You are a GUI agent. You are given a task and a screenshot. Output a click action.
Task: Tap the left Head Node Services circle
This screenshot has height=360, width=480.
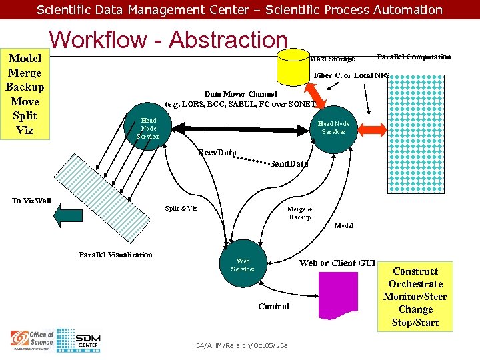[147, 128]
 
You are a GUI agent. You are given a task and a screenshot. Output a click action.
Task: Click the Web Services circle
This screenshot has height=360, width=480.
[243, 265]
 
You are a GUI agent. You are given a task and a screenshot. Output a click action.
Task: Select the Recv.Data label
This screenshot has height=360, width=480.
[217, 153]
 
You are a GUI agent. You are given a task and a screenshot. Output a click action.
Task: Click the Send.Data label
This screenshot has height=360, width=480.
[289, 163]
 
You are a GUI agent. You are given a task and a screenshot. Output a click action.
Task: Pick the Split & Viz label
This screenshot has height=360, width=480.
[181, 208]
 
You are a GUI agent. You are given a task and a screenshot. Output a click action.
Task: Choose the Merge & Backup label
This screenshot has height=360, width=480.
[299, 213]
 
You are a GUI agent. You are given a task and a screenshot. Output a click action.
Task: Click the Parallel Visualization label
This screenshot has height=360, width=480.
[115, 255]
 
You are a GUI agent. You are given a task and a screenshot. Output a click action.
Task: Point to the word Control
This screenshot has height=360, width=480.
[273, 306]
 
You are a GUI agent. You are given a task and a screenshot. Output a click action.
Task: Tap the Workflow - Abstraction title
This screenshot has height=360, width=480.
[168, 40]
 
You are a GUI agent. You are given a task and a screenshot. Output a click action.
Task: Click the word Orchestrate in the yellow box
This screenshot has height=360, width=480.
[415, 284]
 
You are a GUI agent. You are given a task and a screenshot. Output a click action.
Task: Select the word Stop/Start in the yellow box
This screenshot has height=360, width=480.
[415, 323]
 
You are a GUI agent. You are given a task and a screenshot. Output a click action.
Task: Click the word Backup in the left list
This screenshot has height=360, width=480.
[25, 87]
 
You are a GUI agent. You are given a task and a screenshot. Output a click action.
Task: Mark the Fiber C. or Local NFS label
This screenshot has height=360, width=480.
[351, 75]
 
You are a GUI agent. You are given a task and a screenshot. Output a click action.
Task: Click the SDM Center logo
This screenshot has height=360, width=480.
[87, 340]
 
